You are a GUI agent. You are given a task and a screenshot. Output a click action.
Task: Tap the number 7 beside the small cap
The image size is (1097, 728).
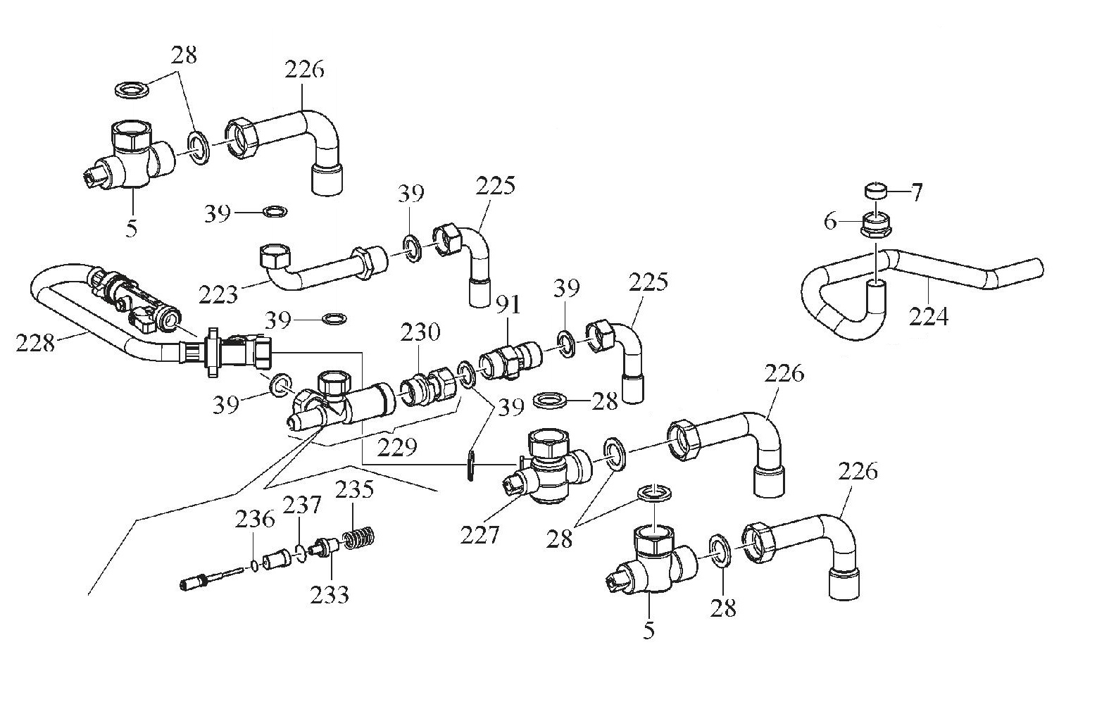(916, 193)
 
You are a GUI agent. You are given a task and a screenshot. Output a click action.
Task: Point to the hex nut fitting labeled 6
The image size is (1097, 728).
(875, 227)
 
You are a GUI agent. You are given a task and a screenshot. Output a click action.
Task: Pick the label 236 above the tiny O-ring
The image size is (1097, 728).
(254, 520)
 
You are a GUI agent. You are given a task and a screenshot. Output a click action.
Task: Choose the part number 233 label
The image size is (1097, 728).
(330, 595)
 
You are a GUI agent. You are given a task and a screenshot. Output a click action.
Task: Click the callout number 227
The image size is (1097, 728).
(479, 535)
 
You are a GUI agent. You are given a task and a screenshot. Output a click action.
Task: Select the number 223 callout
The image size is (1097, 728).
(218, 294)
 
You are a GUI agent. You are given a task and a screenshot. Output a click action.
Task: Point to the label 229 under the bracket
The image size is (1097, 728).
(397, 446)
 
